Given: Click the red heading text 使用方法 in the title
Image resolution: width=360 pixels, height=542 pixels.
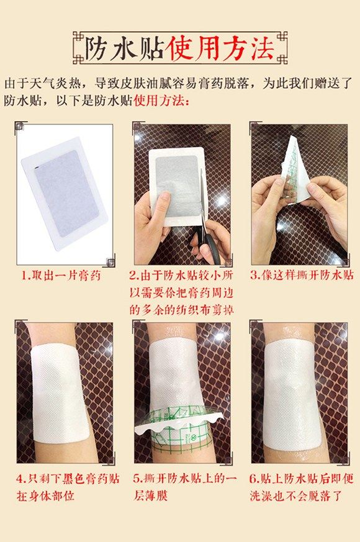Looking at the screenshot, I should [217, 48].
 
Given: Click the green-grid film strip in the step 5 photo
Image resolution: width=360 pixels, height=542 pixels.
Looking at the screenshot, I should [180, 428].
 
